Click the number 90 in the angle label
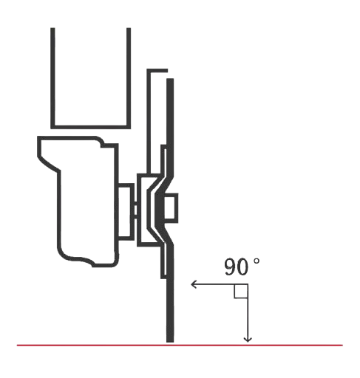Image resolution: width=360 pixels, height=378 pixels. pyautogui.click(x=236, y=267)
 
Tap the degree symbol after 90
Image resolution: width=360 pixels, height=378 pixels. pyautogui.click(x=257, y=261)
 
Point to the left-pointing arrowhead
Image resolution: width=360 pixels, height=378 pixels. pyautogui.click(x=194, y=284)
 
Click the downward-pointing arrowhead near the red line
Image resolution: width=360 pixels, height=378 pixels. pyautogui.click(x=248, y=340)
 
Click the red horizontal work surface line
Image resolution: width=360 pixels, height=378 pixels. pyautogui.click(x=180, y=346)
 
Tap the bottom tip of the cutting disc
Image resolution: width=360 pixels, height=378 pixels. pyautogui.click(x=170, y=342)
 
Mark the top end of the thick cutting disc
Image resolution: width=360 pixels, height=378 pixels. pyautogui.click(x=170, y=79)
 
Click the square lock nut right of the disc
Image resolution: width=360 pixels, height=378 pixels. pyautogui.click(x=171, y=208)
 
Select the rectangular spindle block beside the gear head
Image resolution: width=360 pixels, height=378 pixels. pyautogui.click(x=126, y=212)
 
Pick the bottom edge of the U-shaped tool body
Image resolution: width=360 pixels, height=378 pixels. pyautogui.click(x=91, y=127)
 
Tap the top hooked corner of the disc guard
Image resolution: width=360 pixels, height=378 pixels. pyautogui.click(x=149, y=70)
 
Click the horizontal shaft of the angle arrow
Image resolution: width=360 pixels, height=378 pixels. pyautogui.click(x=220, y=284)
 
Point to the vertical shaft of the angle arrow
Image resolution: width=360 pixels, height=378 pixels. pyautogui.click(x=248, y=313)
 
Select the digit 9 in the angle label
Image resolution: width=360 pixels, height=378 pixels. pyautogui.click(x=230, y=267)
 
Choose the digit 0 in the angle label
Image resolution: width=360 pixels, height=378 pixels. pyautogui.click(x=242, y=267)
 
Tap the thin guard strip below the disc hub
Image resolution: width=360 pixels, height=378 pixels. pyautogui.click(x=163, y=261)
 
